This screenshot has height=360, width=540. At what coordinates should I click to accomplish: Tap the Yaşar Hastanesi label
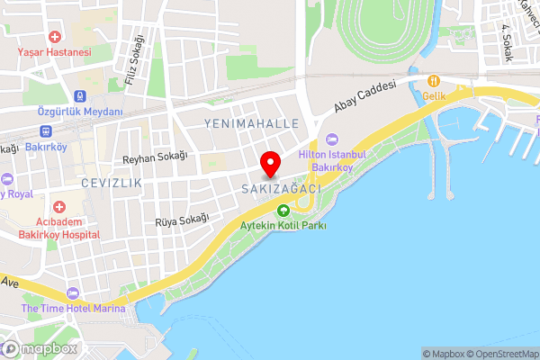(55, 52)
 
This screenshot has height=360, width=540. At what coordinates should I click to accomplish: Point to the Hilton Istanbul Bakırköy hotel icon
(331, 139)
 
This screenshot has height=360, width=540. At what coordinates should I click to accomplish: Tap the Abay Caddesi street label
(365, 101)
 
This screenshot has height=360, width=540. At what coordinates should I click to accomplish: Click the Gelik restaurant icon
(433, 80)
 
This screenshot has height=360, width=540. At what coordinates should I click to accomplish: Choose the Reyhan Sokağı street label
(154, 157)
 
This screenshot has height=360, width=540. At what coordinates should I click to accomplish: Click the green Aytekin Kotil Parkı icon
(283, 211)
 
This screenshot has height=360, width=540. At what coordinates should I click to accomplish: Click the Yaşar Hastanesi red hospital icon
(55, 37)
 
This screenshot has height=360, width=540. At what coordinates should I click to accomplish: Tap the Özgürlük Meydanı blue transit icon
(80, 95)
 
